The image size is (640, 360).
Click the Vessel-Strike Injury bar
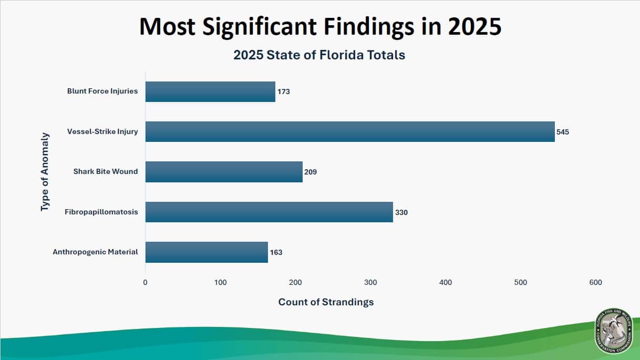[349, 132]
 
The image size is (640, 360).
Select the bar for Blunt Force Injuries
[210, 91]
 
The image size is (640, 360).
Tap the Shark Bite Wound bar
[224, 172]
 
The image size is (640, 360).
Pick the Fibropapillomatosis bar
[269, 212]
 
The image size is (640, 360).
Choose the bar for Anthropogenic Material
[207, 252]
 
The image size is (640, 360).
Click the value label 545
[563, 132]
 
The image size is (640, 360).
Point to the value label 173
[284, 91]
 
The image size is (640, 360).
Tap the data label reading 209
[311, 172]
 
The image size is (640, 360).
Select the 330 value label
[401, 212]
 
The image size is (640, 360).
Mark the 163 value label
[276, 252]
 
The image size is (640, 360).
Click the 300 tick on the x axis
[370, 283]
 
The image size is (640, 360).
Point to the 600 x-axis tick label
[595, 283]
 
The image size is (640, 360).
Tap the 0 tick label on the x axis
[146, 283]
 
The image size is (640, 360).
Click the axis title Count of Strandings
[326, 302]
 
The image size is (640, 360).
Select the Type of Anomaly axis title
[45, 172]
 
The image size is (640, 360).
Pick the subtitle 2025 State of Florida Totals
[319, 55]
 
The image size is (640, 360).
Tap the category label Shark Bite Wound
[106, 171]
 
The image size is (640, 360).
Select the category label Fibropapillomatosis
[101, 212]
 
